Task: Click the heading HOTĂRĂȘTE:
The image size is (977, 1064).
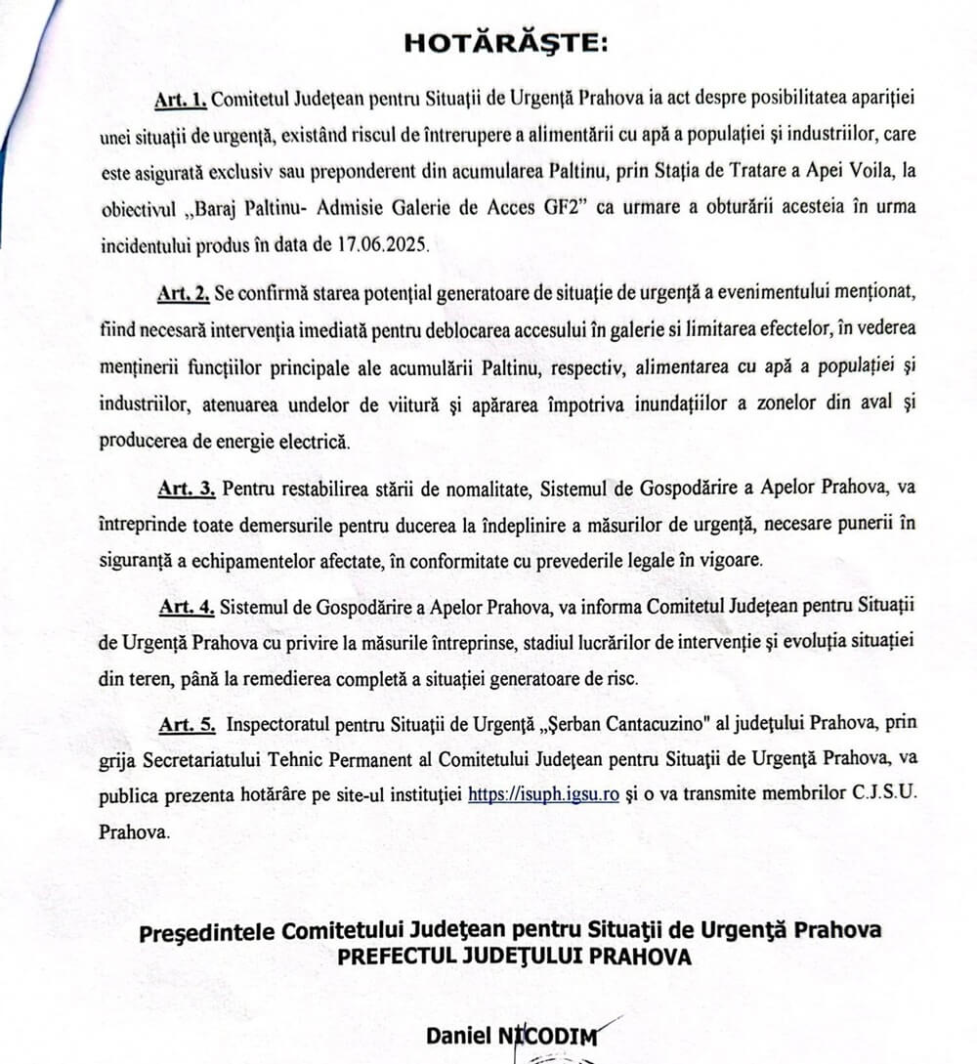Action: click(506, 43)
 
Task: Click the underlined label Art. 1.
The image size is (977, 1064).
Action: click(181, 100)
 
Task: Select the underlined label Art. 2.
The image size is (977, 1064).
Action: click(182, 293)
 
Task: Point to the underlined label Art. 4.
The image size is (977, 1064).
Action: click(188, 607)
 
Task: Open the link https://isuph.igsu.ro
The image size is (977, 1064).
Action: click(544, 794)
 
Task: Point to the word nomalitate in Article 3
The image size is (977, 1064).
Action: click(417, 487)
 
